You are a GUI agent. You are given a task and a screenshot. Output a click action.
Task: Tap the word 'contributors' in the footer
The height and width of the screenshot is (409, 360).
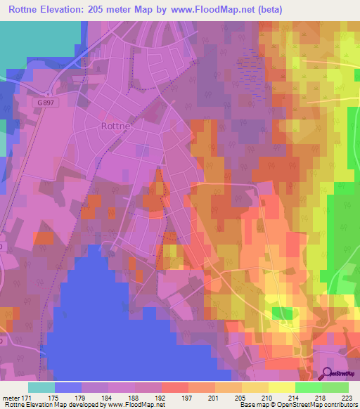(x=340, y=404)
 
